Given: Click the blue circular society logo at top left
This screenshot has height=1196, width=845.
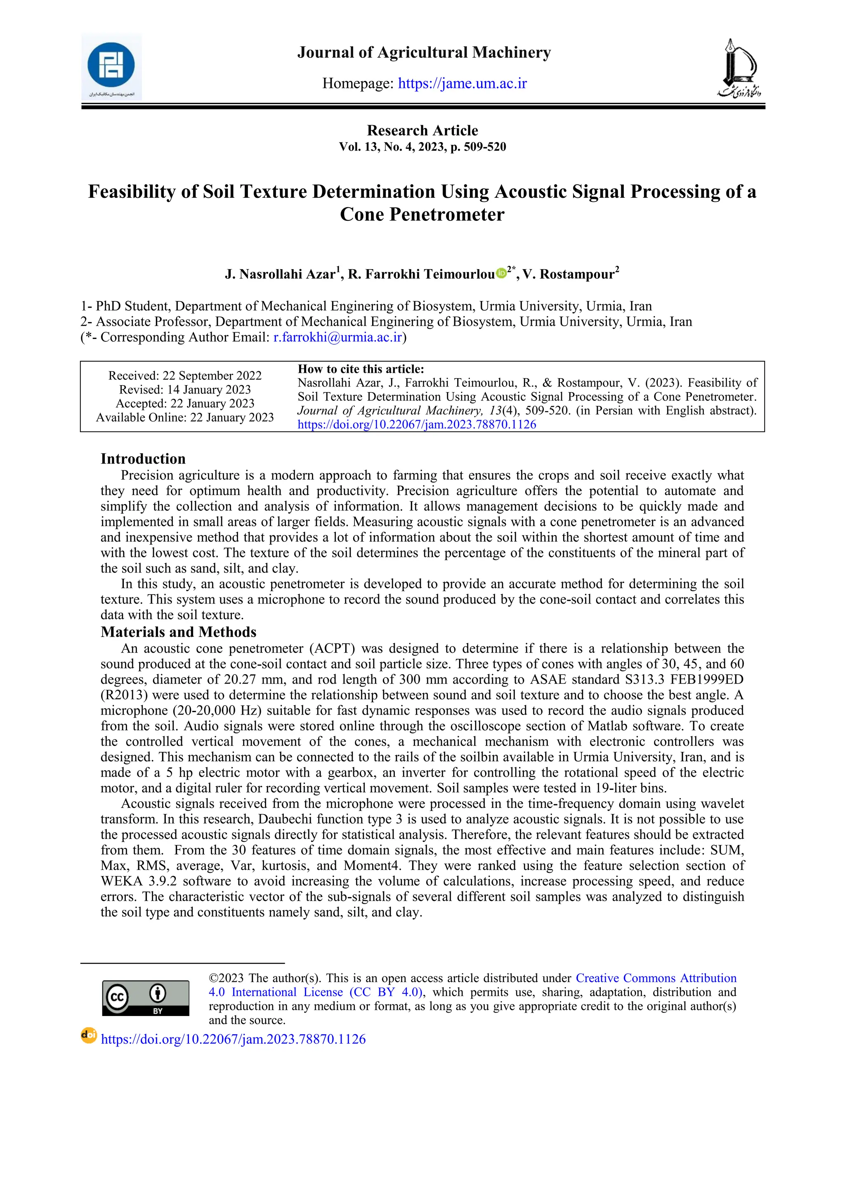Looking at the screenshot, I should click(x=111, y=66).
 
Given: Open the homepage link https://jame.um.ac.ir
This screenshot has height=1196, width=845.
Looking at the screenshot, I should click(x=463, y=83).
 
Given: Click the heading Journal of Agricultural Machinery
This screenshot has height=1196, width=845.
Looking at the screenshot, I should click(x=424, y=52).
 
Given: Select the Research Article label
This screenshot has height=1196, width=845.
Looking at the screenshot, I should click(x=422, y=130).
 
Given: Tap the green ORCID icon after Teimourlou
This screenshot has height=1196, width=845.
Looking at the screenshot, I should click(x=501, y=272).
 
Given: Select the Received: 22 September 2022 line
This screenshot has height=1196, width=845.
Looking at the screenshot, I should click(x=185, y=376).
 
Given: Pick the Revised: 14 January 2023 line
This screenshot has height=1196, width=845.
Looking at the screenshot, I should click(x=185, y=390).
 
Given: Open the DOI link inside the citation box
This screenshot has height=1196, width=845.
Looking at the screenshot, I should click(x=416, y=424).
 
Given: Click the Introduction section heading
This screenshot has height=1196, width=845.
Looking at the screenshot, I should click(x=143, y=459).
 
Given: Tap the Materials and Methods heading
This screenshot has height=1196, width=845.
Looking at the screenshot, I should click(x=179, y=632).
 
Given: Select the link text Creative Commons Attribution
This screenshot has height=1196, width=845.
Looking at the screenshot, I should click(x=656, y=978).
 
